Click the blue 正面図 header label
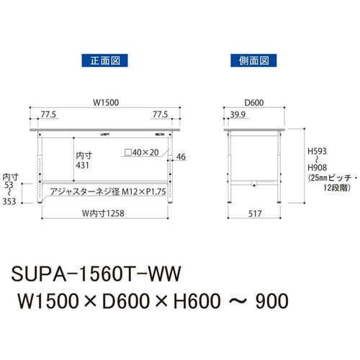tap(104, 60)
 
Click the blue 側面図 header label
tap(253, 60)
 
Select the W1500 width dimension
tap(106, 103)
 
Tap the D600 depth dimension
tap(254, 103)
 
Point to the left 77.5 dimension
tap(48, 114)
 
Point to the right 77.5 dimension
tap(161, 114)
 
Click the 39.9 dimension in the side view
tap(238, 114)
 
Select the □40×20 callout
tap(142, 153)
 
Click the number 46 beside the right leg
tap(181, 157)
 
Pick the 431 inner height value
tap(82, 166)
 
